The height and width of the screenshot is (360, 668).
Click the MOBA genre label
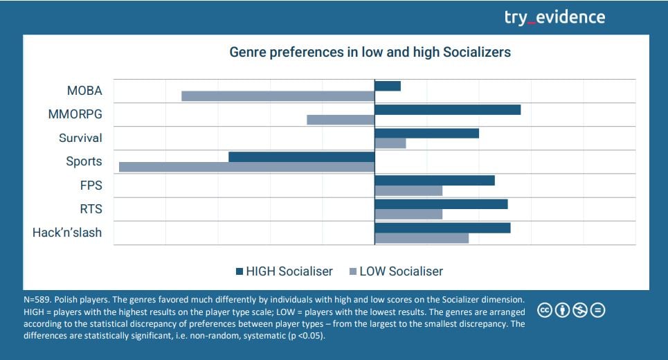84,91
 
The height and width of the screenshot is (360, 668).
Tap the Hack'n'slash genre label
67,233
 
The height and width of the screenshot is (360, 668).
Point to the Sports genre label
84,161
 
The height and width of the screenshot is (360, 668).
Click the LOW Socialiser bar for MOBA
278,96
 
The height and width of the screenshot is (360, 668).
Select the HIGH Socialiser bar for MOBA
388,86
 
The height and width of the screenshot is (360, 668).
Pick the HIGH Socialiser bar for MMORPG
447,109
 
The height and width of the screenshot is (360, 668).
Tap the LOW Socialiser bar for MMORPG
341,120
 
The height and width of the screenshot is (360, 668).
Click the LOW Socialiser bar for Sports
246,167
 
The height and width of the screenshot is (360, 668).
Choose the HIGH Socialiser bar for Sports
301,157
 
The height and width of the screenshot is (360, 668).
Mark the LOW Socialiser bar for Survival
390,143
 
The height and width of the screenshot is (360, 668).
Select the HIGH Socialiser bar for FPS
435,181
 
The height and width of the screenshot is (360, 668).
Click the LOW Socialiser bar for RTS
408,214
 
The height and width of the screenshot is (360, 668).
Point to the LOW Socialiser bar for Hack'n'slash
422,238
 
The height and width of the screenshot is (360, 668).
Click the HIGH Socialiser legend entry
284,271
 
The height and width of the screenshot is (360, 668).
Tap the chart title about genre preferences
370,53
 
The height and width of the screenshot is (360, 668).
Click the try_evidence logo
554,17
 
